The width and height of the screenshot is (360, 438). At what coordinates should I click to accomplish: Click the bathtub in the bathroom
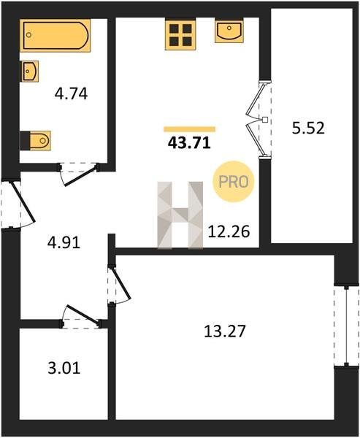55,36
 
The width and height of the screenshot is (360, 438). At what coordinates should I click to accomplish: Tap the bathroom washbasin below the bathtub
30,72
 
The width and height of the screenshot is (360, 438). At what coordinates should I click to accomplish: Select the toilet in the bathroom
36,140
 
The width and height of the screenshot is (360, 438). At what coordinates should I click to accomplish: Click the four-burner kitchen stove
180,34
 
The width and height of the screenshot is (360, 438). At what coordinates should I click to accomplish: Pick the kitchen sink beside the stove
229,31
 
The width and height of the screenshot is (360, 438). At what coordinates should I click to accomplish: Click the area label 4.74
72,94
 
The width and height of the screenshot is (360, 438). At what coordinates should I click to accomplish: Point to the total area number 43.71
189,143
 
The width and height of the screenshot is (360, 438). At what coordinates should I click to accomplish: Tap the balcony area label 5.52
308,128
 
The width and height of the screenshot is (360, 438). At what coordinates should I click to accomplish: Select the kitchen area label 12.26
229,232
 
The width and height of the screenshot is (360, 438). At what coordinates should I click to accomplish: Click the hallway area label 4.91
64,242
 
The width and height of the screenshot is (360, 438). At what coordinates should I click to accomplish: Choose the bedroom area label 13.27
225,331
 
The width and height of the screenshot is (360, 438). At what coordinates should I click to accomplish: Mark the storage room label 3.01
64,368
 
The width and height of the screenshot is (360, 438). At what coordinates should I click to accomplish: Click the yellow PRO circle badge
234,182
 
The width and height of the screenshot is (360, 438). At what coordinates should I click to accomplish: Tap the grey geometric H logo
180,215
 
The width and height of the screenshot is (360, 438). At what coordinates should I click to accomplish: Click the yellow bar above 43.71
190,129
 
